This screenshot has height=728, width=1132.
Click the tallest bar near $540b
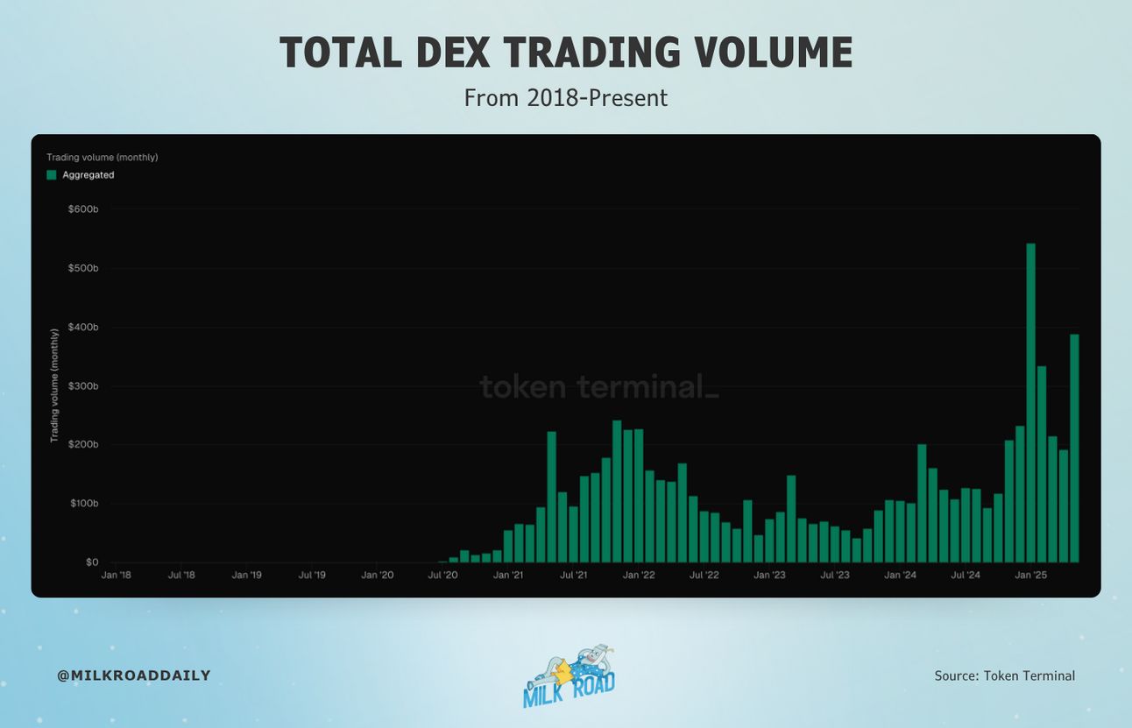coord(1030,403)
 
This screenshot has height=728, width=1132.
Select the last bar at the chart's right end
coord(1074,449)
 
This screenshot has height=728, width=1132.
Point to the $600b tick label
coord(83,209)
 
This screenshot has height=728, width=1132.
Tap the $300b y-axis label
coord(83,386)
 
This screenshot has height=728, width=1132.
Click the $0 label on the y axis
coord(92,562)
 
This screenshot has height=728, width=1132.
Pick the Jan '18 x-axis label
coord(117,575)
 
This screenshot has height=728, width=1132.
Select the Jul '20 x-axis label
coord(442,575)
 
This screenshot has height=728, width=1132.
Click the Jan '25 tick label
coord(1031,575)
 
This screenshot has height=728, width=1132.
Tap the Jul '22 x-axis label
coord(704,575)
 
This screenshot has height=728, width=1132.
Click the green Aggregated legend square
coord(52,175)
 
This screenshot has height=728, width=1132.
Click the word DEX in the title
coord(453,52)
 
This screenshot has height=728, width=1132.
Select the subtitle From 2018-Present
coord(566,98)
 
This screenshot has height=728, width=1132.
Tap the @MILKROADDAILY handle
coord(134,675)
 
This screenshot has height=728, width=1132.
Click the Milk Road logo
coord(570,676)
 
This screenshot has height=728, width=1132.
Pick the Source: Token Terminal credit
coord(1005,676)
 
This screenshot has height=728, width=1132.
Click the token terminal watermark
coord(598,387)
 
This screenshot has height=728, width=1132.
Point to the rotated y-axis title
coord(54,385)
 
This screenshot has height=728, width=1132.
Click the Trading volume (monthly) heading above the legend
coord(103,158)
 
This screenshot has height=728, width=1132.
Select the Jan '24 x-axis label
coord(900,575)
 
